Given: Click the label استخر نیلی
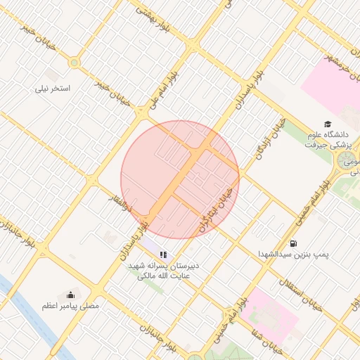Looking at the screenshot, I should (x=53, y=89).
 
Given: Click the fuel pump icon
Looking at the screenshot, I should (x=292, y=243).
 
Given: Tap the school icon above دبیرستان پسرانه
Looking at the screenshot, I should (x=163, y=255).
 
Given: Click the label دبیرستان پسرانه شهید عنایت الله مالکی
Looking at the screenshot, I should (x=164, y=271).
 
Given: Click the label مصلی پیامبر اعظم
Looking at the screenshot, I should (x=70, y=307).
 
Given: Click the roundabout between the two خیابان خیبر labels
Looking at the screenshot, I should (x=73, y=63).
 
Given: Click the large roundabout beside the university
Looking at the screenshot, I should (x=347, y=162).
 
